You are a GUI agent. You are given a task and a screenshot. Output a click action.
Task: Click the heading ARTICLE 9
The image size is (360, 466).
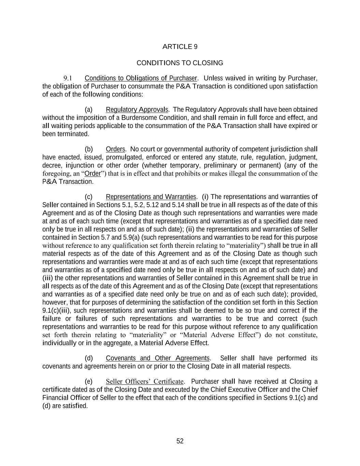[180, 47]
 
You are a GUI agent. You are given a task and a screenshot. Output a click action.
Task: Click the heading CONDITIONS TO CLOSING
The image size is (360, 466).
[180, 63]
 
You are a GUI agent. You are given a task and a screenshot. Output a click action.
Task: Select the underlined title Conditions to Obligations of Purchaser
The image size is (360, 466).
[141, 78]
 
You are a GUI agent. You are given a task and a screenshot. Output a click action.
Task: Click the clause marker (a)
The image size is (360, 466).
[89, 110]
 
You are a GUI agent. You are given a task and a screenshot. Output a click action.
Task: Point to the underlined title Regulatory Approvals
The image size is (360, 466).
[137, 110]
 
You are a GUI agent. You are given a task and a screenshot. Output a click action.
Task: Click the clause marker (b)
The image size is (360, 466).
[89, 149]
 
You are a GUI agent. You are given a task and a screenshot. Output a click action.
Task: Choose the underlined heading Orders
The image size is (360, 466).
[115, 149]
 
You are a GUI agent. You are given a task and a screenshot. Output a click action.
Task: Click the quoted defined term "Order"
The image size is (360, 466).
[92, 173]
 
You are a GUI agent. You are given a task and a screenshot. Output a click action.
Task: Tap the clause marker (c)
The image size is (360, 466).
[89, 197]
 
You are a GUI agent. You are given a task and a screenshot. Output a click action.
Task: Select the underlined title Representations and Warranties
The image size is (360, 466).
[151, 197]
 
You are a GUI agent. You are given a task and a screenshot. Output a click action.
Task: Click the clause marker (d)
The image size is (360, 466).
[89, 358]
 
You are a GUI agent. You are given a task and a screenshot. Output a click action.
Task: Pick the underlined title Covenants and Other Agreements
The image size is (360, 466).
[158, 358]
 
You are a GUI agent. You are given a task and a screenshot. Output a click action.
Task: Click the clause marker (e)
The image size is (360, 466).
[89, 381]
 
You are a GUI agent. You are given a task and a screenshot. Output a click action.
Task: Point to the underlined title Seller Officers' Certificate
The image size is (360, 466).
[145, 381]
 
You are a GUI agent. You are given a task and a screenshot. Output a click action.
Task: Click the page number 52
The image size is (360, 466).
[180, 441]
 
